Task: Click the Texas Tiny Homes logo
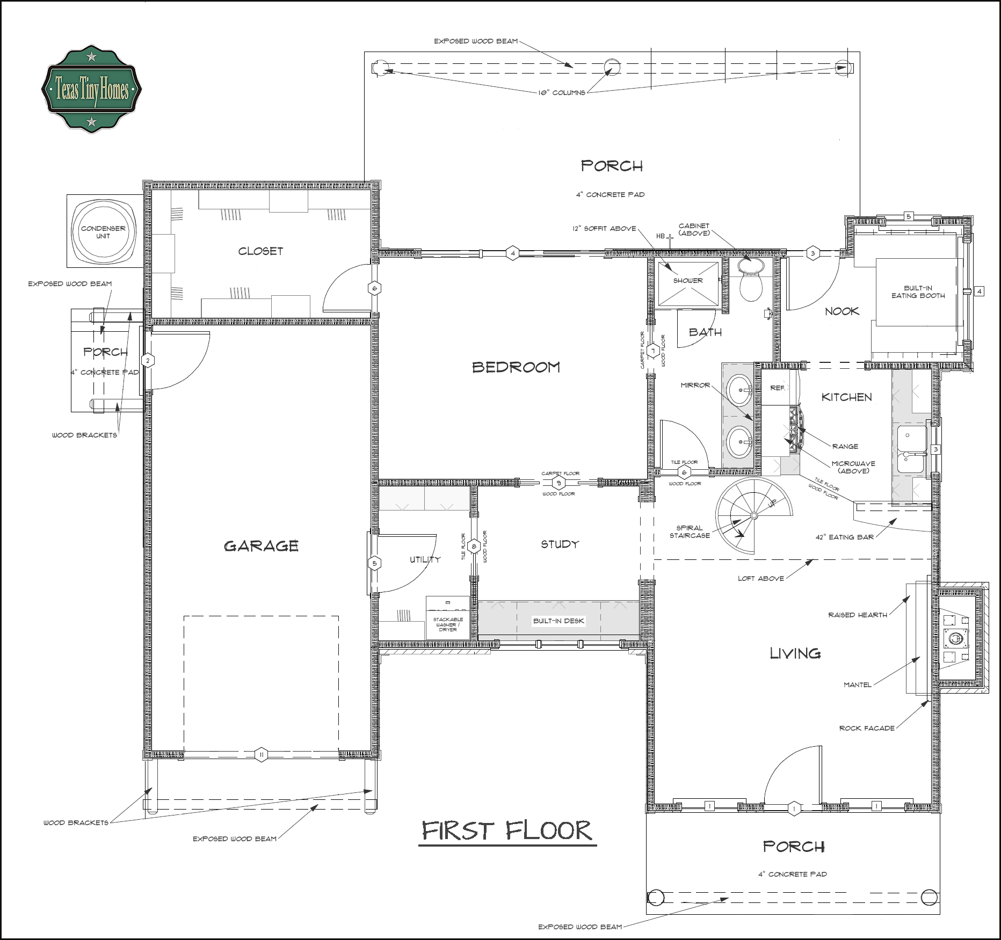(x=91, y=90)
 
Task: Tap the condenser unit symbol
(x=103, y=231)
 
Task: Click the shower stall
(x=688, y=283)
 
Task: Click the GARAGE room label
(x=261, y=546)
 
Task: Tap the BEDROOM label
(x=516, y=367)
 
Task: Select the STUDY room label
(x=560, y=544)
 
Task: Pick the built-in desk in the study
(x=558, y=620)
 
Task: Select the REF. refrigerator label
(x=778, y=388)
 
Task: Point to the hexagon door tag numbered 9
(x=559, y=483)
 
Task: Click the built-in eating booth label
(x=918, y=292)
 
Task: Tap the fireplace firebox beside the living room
(x=955, y=638)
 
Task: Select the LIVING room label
(x=795, y=653)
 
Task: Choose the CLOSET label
(x=260, y=251)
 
